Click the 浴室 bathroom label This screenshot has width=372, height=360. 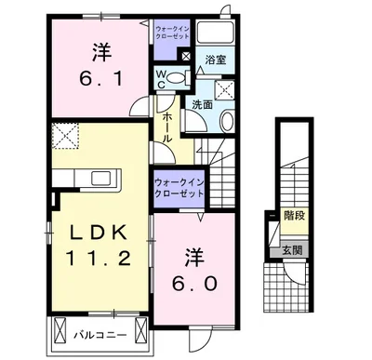216,60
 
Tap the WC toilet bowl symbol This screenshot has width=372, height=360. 178,77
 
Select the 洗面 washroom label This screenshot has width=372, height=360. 202,104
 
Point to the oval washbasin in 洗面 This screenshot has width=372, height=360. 227,122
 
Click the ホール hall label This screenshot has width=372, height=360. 167,127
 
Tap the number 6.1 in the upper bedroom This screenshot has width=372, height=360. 101,79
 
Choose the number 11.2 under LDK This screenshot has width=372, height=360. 99,258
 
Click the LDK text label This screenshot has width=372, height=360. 99,233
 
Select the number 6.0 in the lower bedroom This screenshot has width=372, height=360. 194,284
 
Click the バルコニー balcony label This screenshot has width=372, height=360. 100,335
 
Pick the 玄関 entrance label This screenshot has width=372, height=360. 292,249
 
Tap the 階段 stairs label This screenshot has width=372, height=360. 295,216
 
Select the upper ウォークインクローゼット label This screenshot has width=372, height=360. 172,33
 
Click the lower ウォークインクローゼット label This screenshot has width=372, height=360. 179,188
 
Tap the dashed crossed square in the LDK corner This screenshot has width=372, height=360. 65,135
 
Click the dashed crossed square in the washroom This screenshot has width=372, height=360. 225,89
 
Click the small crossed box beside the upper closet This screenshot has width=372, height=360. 186,56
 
